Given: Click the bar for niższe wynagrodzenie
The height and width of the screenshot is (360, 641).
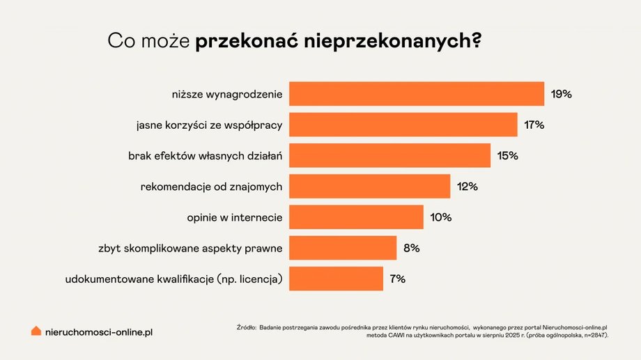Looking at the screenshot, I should tap(416, 94).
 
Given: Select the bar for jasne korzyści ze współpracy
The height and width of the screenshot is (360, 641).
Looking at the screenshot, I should tap(403, 125).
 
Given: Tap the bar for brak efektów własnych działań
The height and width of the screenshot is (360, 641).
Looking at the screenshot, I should tap(389, 155).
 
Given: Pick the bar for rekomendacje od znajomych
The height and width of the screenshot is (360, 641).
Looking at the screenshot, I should tap(369, 187).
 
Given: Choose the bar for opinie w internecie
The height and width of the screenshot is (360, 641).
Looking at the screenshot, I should tap(356, 217).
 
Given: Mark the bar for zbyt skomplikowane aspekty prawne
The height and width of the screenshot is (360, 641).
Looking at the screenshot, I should tap(343, 248).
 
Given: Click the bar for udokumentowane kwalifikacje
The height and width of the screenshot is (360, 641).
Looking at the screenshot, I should tap(336, 279).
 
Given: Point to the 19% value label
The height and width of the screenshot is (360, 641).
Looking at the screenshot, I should tap(561, 94).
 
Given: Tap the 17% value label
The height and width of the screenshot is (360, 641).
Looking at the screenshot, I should tap(534, 125).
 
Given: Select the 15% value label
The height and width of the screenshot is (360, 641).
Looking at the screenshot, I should tap(508, 155).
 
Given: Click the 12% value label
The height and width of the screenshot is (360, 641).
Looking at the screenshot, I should tap(467, 187).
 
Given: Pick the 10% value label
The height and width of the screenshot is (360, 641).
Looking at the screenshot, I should tap(440, 217).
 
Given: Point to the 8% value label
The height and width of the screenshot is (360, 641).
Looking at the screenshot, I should tap(412, 248).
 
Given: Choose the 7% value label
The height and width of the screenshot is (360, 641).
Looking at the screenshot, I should tap(398, 279).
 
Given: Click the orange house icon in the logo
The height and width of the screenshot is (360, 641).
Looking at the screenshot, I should tap(36, 331).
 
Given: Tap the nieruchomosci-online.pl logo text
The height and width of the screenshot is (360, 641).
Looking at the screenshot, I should tap(98, 332).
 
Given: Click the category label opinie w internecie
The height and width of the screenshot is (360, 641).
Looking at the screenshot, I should tap(234, 217).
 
